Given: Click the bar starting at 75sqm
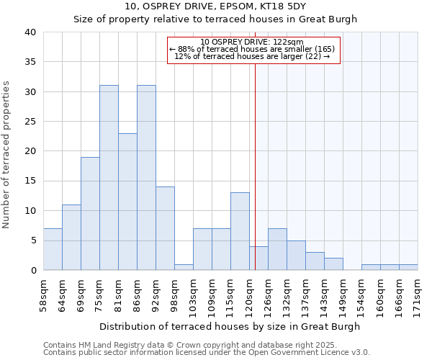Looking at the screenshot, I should pos(109,178).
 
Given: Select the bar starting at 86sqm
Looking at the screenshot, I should pos(146,178).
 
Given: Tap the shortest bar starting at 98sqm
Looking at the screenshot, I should pos(184,267).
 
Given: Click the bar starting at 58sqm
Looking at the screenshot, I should pos(53,249).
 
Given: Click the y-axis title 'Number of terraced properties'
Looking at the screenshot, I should pos(7,154).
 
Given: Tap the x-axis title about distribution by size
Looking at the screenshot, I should pos(230,326).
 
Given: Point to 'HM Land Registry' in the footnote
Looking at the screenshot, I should pos(112,345).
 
